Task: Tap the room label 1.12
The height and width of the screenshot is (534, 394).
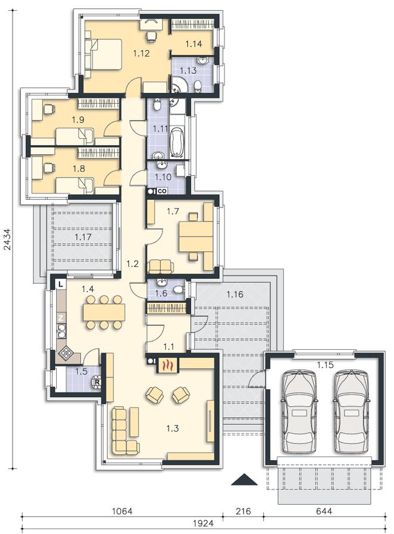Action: pyautogui.click(x=141, y=53)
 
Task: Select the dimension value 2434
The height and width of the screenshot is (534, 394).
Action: pyautogui.click(x=8, y=240)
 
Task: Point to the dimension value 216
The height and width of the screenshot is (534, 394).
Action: pyautogui.click(x=243, y=511)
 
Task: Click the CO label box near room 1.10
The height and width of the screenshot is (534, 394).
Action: pyautogui.click(x=162, y=191)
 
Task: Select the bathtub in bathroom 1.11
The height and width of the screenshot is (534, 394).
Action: pyautogui.click(x=177, y=142)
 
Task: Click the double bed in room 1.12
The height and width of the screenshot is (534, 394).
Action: pyautogui.click(x=106, y=54)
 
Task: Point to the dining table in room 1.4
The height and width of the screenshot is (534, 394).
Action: pyautogui.click(x=104, y=312)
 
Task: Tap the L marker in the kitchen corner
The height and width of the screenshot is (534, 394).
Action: pyautogui.click(x=61, y=284)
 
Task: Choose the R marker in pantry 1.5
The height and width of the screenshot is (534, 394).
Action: pyautogui.click(x=97, y=382)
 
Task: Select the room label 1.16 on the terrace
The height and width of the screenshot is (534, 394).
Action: pyautogui.click(x=235, y=294)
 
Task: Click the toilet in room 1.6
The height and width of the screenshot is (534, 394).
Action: pyautogui.click(x=178, y=290)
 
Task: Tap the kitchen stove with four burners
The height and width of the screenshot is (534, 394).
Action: pyautogui.click(x=65, y=354)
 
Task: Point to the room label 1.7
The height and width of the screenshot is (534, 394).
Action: pyautogui.click(x=173, y=212)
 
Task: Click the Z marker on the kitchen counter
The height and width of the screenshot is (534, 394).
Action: pyautogui.click(x=61, y=318)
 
